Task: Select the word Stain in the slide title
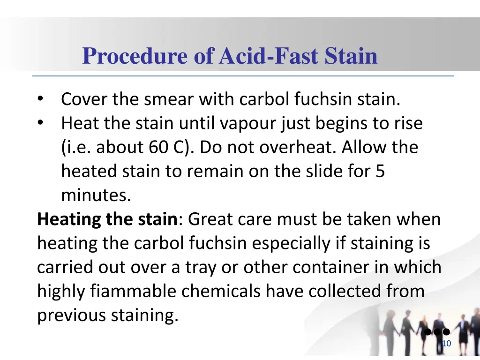[352, 56]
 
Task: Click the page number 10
[446, 344]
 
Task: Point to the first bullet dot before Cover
[41, 99]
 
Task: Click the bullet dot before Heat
[41, 123]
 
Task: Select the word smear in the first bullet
[170, 99]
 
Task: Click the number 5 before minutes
[380, 172]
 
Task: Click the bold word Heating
[69, 219]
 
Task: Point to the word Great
[211, 219]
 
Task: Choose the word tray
[212, 268]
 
